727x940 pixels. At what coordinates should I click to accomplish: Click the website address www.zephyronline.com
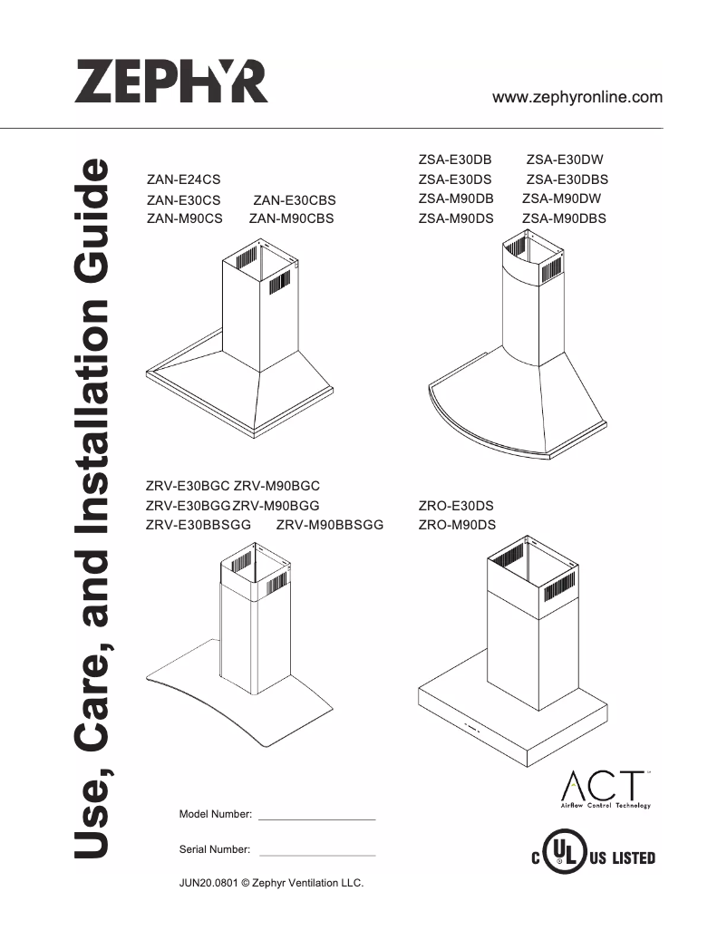(577, 97)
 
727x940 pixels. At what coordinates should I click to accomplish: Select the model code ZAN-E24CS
(183, 180)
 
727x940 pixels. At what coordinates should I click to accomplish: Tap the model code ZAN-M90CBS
(291, 218)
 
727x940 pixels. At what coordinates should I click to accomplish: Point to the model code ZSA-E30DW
(565, 160)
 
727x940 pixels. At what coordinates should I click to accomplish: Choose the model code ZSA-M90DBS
(564, 218)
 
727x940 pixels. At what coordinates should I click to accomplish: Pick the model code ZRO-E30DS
(456, 506)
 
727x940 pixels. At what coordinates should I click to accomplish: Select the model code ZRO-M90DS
(457, 525)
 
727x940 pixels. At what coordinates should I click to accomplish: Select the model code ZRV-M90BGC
(277, 487)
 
